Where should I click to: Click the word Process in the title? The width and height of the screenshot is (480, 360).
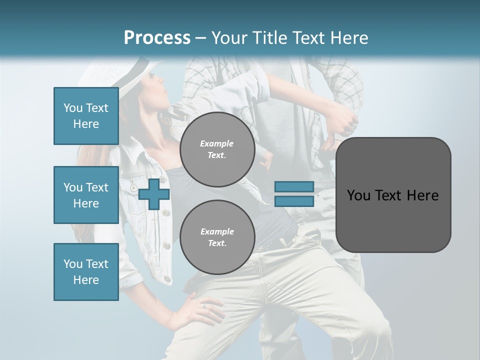157,37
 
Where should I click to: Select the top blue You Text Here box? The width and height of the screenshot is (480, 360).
86,116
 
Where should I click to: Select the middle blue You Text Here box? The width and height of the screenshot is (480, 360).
86,195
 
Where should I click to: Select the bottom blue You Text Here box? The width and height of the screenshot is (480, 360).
86,272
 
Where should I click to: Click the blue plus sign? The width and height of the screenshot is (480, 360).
154,194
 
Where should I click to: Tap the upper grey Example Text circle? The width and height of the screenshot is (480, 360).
217,149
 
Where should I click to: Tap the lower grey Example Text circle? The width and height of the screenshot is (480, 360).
217,237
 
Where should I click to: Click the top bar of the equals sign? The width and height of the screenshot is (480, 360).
294,186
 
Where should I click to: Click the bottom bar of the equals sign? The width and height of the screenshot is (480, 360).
294,201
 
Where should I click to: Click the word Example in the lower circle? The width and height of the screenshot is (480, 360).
217,231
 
